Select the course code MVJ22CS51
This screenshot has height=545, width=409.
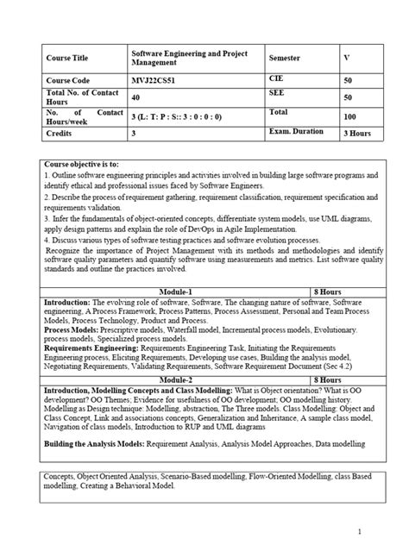pos(154,78)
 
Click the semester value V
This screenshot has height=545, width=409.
pos(347,58)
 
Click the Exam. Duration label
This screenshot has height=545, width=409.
pos(297,131)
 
